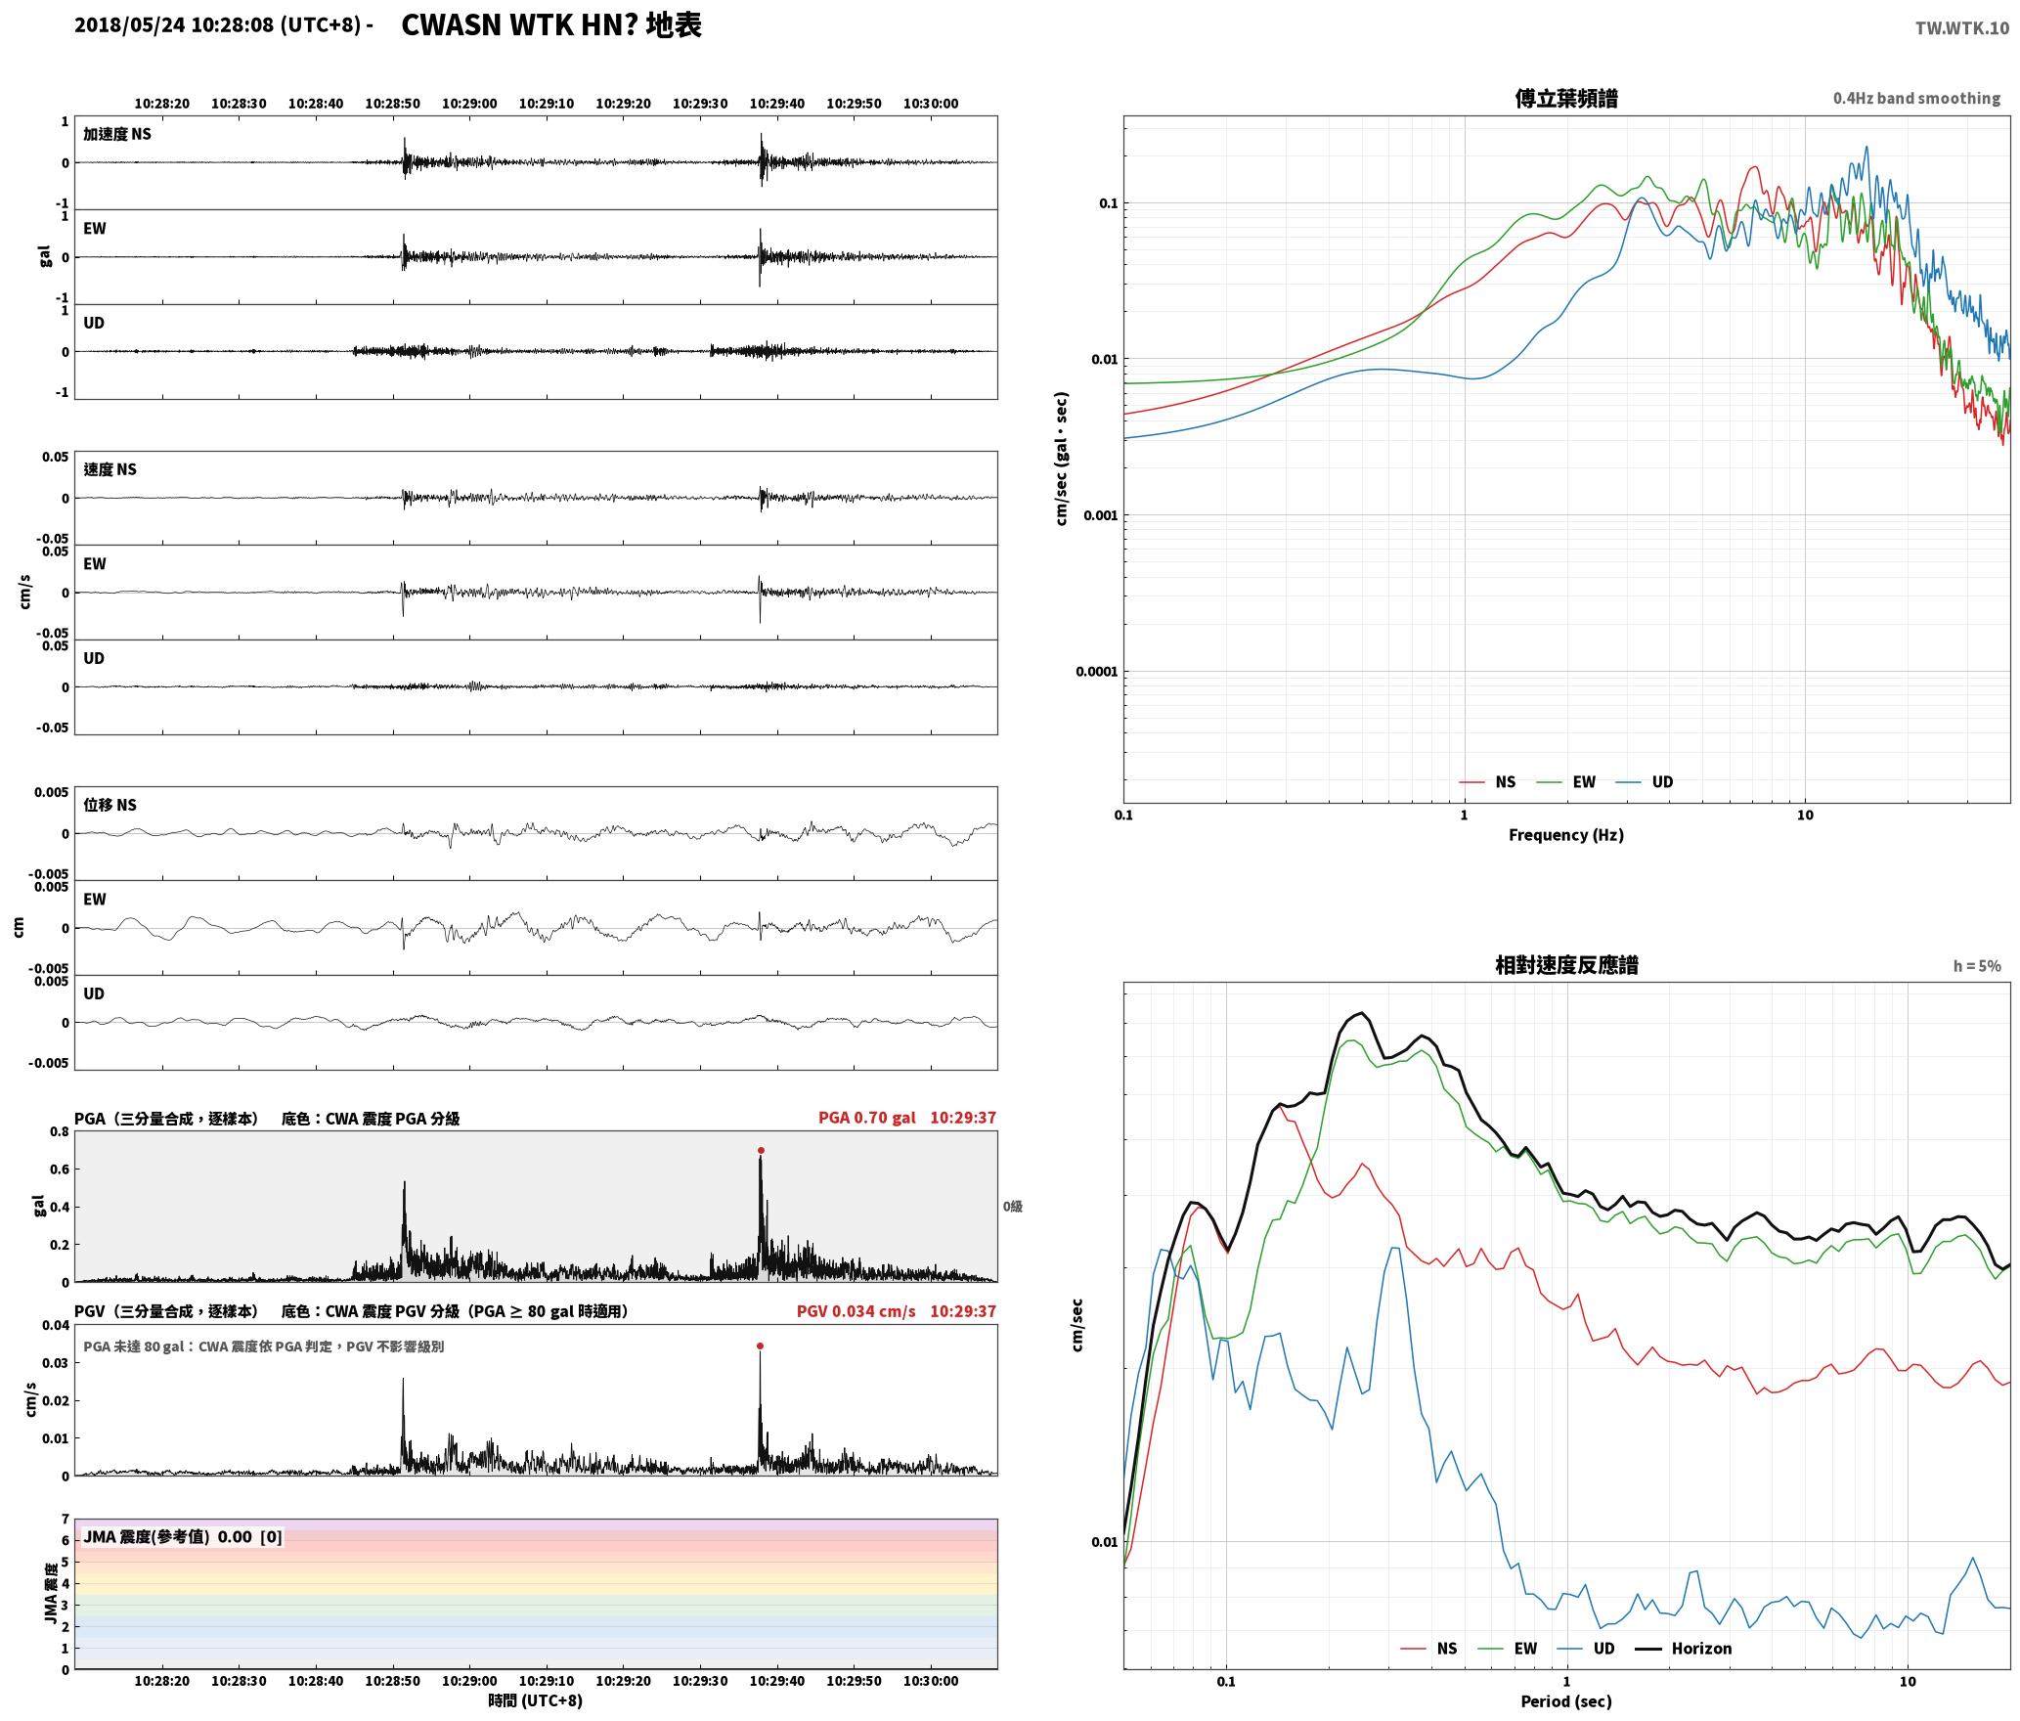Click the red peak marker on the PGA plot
761,1151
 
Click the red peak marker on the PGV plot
760,1346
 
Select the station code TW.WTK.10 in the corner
1962,28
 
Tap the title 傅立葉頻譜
1566,99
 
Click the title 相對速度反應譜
1566,965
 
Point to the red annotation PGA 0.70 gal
867,1118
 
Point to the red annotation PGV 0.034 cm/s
856,1311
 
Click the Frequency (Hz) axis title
1566,835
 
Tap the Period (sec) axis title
1566,1701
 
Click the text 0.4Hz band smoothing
1916,99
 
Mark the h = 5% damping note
1977,966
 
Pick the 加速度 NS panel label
117,134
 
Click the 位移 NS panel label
110,805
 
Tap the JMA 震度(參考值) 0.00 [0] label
183,1536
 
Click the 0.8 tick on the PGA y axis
60,1132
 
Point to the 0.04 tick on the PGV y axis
57,1326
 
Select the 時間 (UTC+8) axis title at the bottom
536,1700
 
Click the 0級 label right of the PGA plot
1013,1207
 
